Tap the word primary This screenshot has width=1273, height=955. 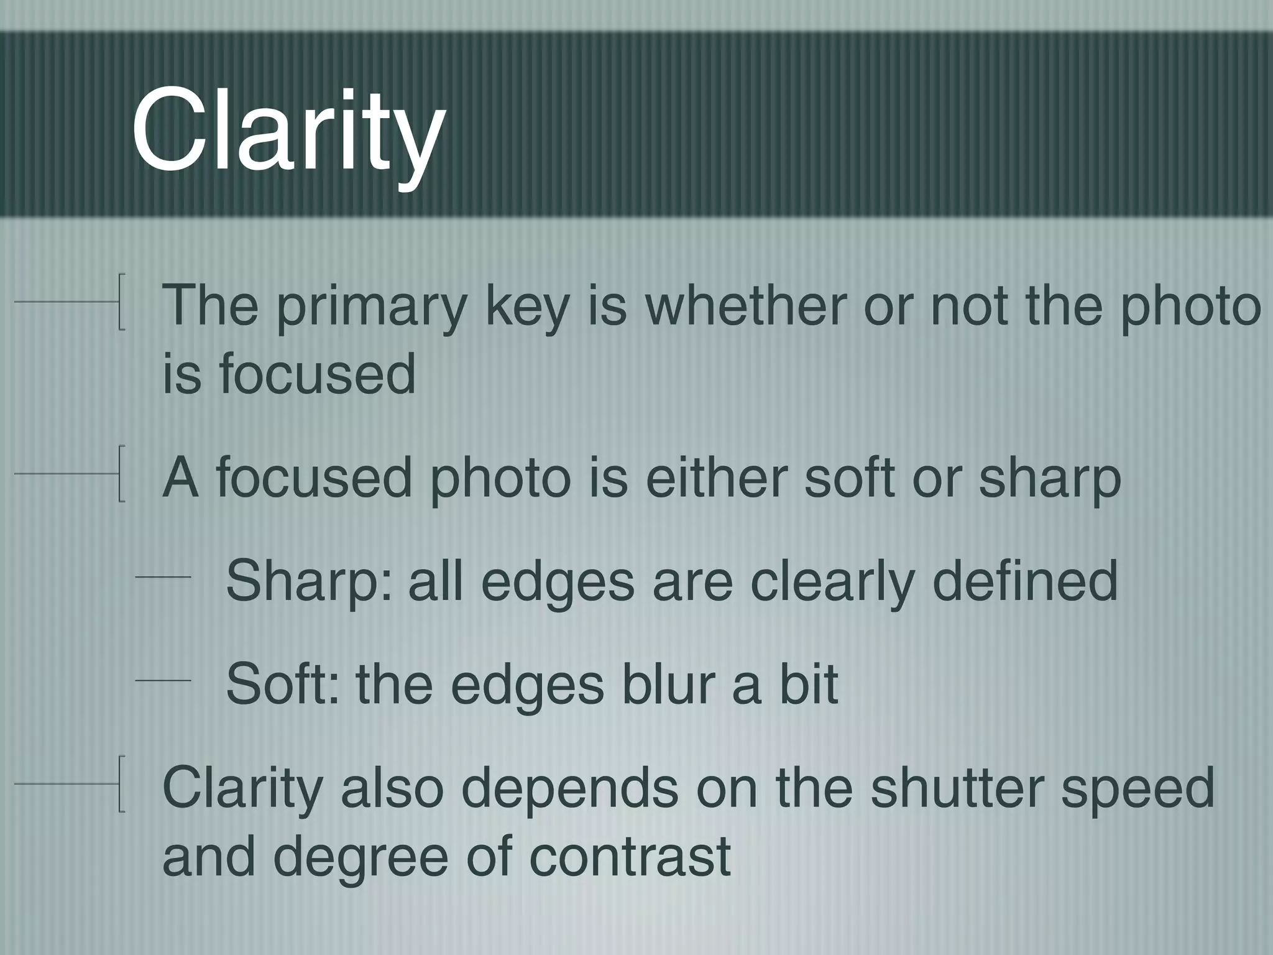coord(371,306)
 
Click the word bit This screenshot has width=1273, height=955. coord(808,684)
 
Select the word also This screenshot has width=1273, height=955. coord(392,787)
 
